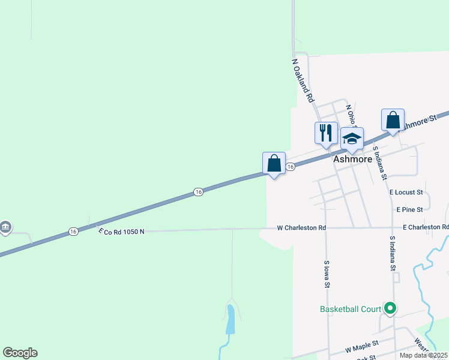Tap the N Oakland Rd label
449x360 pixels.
pyautogui.click(x=303, y=79)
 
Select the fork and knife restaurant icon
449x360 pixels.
pyautogui.click(x=326, y=133)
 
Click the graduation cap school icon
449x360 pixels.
pyautogui.click(x=352, y=139)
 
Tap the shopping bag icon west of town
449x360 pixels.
pyautogui.click(x=274, y=163)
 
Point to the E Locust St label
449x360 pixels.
pyautogui.click(x=406, y=193)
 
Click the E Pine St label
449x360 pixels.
pyautogui.click(x=410, y=209)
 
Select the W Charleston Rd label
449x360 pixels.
pyautogui.click(x=301, y=228)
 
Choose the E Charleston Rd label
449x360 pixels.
pyautogui.click(x=426, y=227)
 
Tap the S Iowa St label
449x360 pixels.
pyautogui.click(x=327, y=274)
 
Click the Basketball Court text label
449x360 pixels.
pyautogui.click(x=351, y=309)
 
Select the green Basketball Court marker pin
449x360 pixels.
pyautogui.click(x=390, y=308)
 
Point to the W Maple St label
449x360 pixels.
pyautogui.click(x=362, y=346)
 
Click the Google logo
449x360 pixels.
pyautogui.click(x=20, y=353)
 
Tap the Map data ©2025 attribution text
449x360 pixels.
pyautogui.click(x=423, y=355)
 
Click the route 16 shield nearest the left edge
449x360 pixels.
pyautogui.click(x=73, y=231)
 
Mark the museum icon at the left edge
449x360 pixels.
pyautogui.click(x=5, y=227)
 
